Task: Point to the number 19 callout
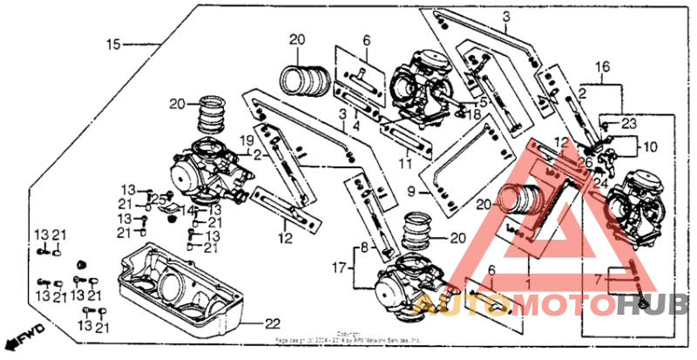pos(247,139)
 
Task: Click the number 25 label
pos(159,200)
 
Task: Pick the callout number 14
pos(186,211)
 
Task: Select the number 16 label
pos(602,66)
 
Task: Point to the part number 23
pos(630,123)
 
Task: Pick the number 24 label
pos(600,182)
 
